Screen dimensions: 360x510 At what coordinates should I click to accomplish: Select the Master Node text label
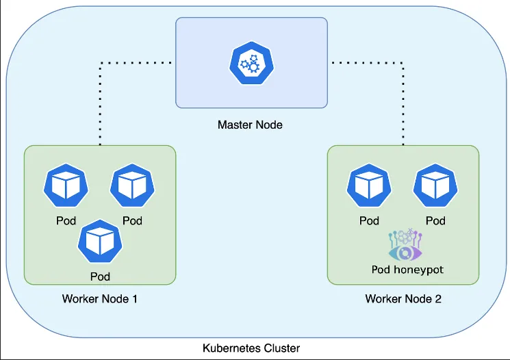pos(250,125)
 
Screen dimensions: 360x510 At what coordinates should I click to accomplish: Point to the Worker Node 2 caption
pos(403,299)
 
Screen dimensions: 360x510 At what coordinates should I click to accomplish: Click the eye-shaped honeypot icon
pos(406,250)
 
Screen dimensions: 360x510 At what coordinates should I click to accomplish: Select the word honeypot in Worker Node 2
pos(418,270)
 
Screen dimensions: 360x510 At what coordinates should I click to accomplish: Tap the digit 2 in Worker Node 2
pos(437,299)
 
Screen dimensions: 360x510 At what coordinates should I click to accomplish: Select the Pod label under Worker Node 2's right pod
pos(435,220)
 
